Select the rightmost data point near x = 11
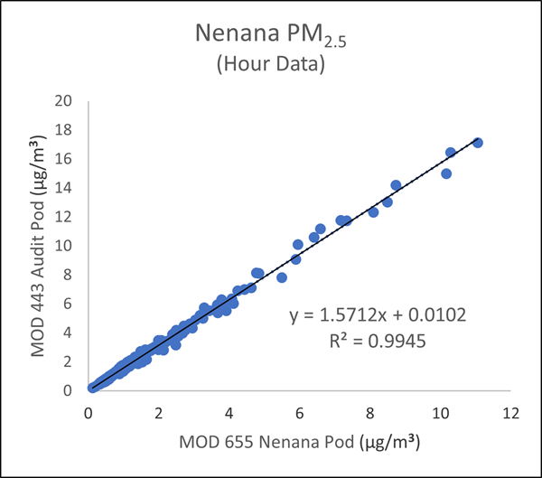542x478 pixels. (x=478, y=143)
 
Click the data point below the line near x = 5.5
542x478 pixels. (x=282, y=277)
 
